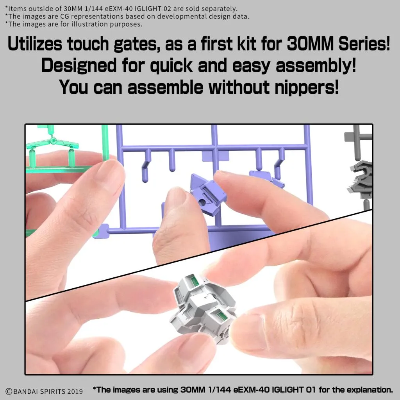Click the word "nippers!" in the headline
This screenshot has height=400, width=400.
click(x=307, y=87)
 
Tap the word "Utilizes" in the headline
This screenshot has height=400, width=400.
click(x=35, y=44)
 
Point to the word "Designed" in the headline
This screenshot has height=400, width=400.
click(x=79, y=65)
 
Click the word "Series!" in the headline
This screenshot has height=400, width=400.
click(x=364, y=44)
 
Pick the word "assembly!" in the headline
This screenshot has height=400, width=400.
click(x=316, y=66)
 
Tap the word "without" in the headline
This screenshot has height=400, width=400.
click(x=239, y=87)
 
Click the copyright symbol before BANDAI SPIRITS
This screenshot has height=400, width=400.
click(x=9, y=391)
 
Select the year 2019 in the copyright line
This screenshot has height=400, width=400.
click(x=75, y=391)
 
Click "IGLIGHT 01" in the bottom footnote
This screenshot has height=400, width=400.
click(x=294, y=390)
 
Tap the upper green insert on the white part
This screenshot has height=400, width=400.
click(x=195, y=282)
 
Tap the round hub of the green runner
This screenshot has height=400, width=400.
click(x=53, y=140)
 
